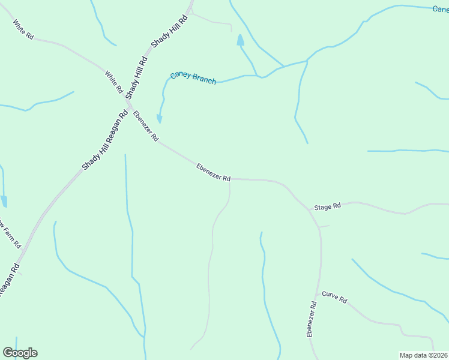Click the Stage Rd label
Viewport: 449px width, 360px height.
(x=327, y=206)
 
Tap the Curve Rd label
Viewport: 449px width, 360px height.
(x=334, y=297)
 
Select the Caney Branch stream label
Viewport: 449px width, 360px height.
(x=193, y=78)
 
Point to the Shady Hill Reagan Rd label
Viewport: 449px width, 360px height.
(x=106, y=140)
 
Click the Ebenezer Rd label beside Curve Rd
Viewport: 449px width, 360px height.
(x=312, y=319)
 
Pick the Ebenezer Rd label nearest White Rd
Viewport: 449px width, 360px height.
(x=146, y=126)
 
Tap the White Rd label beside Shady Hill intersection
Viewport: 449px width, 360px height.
(x=114, y=82)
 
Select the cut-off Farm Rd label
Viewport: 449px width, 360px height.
(x=11, y=234)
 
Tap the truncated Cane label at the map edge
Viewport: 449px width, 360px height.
(x=441, y=9)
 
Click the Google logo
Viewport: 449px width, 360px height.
(x=20, y=353)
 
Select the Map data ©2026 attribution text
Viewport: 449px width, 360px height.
(x=424, y=355)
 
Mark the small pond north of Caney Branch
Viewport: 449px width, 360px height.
(x=240, y=41)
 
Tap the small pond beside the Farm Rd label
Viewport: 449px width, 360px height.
(x=4, y=201)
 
